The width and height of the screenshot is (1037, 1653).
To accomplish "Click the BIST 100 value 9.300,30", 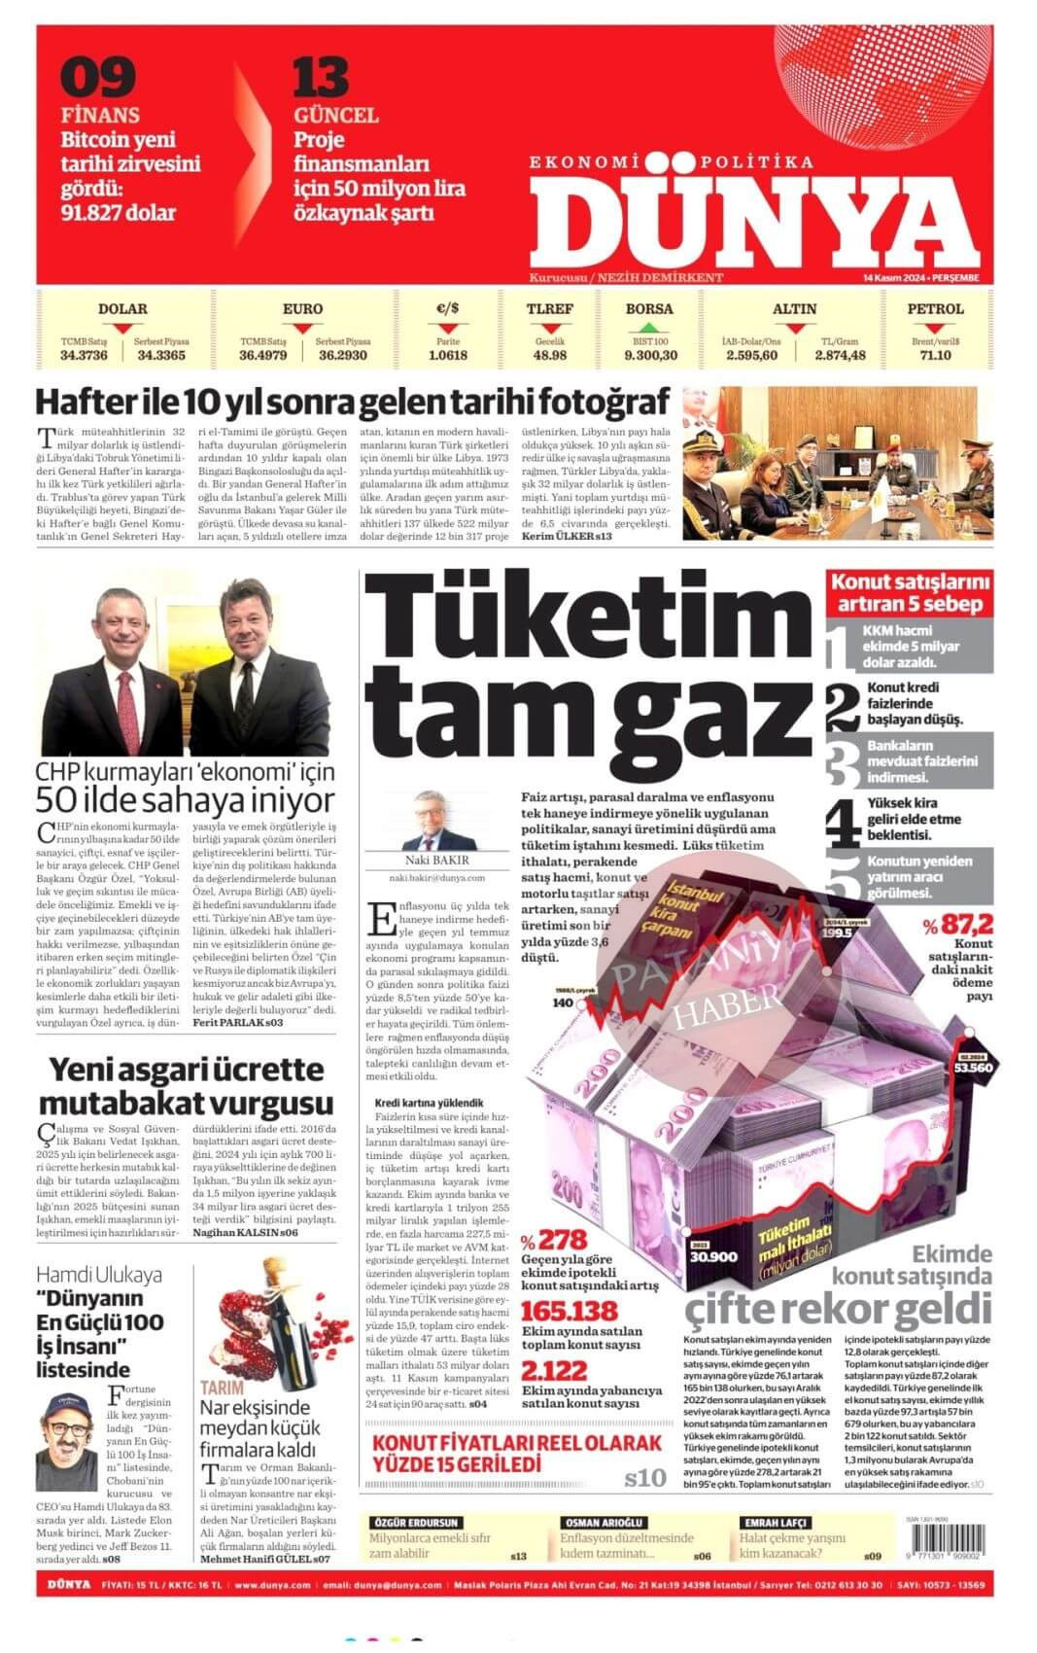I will click(x=650, y=355).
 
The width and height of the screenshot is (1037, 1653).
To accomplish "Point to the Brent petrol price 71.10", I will click(x=935, y=355).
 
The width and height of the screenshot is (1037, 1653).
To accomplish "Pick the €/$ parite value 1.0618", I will click(x=447, y=355).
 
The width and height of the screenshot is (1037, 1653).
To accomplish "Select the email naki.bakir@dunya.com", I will click(x=436, y=878).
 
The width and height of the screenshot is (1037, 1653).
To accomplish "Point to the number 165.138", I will click(x=569, y=1311).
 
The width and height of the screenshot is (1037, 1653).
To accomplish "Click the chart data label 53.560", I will click(x=972, y=1067).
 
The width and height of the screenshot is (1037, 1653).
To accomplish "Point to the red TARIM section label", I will click(x=221, y=1388).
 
